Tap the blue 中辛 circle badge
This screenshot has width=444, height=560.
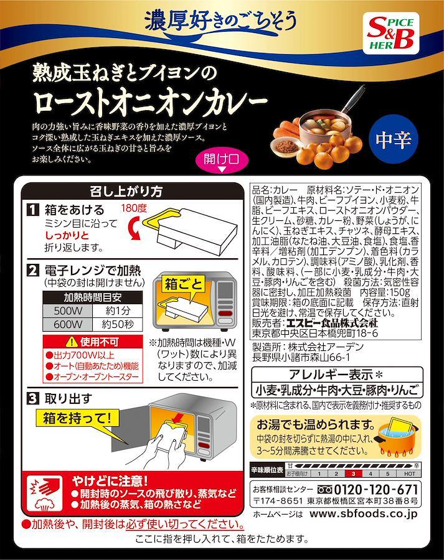coord(393,139)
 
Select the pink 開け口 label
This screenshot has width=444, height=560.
coord(222,161)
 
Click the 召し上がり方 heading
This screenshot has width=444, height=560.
coord(126,192)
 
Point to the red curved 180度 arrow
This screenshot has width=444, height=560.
coord(134,229)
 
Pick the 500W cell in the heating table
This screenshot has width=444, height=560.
coord(67,310)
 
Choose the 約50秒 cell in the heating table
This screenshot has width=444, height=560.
coord(118,324)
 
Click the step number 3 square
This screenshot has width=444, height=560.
coord(33,399)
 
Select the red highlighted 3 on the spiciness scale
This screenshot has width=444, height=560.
coord(353,474)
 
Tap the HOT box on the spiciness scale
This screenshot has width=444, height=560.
coord(409,474)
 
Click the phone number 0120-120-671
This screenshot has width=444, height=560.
coord(376,490)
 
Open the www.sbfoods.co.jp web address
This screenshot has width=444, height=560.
coord(364,515)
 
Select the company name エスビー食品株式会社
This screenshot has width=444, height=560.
coord(332,323)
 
